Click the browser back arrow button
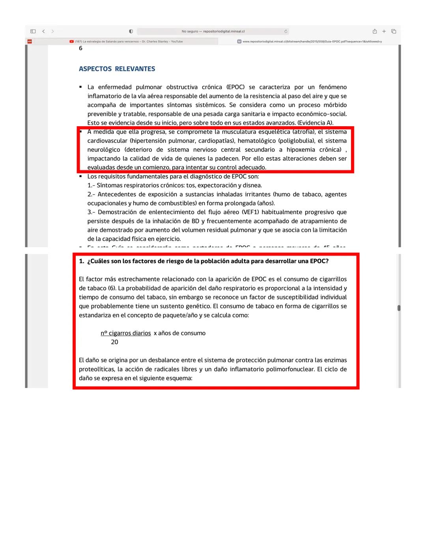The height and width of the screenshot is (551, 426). pos(43,32)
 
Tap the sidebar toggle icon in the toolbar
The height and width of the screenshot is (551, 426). pos(33,32)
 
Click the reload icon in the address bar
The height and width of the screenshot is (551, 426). pos(286,32)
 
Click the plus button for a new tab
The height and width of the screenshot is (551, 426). pos(384,32)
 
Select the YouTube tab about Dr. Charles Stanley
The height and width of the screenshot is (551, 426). pos(126,41)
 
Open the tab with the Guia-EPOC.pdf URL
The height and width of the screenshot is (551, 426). pos(310,41)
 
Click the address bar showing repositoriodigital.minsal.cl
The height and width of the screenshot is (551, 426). pos(213,32)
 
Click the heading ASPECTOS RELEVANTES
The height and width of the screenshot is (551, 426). pos(117,69)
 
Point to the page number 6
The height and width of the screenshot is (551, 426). pos(80,48)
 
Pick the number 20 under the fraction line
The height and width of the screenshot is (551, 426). pos(114,342)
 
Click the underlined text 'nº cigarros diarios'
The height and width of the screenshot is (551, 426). pos(125,333)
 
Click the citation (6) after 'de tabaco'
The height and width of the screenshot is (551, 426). pos(112,288)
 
